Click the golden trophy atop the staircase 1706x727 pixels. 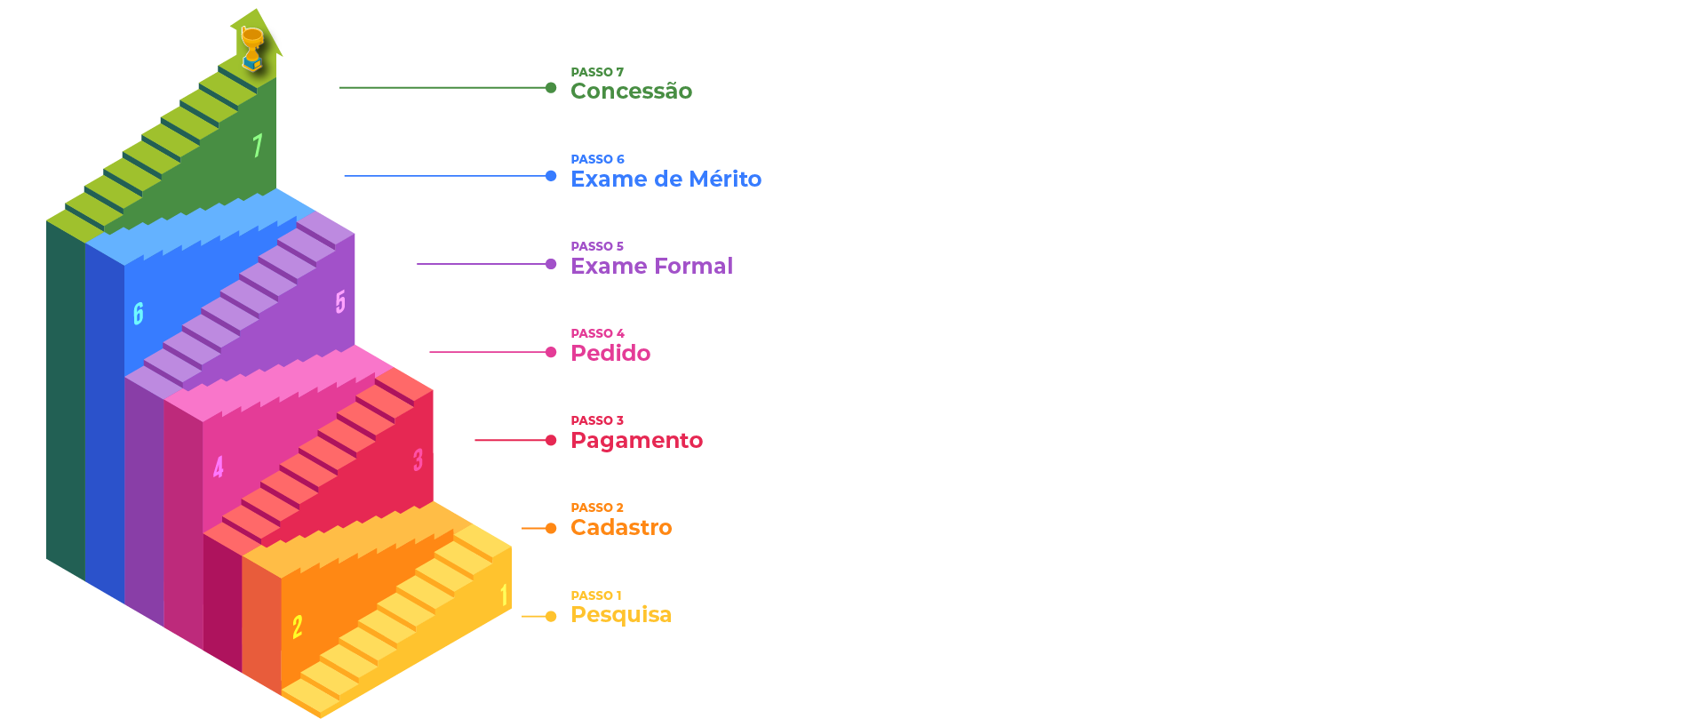[252, 48]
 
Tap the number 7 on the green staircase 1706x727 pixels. [258, 145]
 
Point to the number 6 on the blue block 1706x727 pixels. [139, 313]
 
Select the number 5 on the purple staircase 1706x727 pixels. [340, 302]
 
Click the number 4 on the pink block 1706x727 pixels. [219, 467]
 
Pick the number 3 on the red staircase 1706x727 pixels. [418, 459]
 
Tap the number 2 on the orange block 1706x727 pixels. [298, 627]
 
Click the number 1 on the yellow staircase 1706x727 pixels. [504, 595]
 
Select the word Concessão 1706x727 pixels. [631, 92]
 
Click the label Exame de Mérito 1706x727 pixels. [666, 179]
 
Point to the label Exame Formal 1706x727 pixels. [651, 266]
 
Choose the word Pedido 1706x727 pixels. [610, 353]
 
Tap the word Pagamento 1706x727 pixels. [636, 440]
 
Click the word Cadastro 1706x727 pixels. [621, 527]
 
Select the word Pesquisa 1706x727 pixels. [620, 615]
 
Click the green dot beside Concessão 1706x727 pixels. [551, 87]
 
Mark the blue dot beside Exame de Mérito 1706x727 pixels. [551, 176]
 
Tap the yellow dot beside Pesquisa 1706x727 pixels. [551, 616]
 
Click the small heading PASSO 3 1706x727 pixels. [597, 420]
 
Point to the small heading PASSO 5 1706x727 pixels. [597, 246]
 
